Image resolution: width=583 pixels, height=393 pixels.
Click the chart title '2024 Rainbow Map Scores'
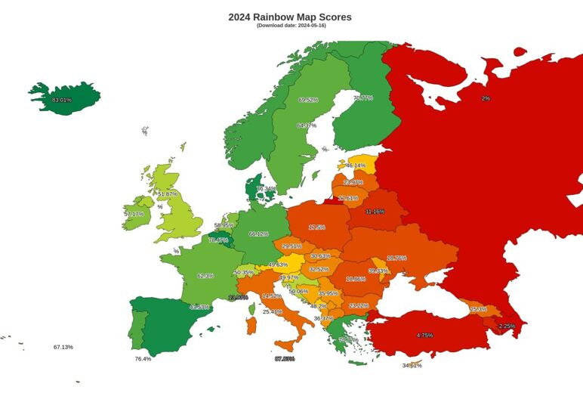[x=290, y=17]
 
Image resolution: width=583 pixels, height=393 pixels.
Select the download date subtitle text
[x=291, y=26]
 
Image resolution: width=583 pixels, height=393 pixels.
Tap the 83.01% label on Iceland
[x=62, y=100]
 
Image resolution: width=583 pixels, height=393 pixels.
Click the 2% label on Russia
[x=486, y=98]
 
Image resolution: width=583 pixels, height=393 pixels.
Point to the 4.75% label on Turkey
[x=424, y=335]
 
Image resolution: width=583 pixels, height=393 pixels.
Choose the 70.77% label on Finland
[x=362, y=97]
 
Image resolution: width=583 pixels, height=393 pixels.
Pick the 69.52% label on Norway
[x=308, y=100]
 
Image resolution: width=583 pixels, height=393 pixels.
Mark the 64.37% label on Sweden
[x=307, y=125]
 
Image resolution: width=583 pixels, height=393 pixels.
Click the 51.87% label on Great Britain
[x=168, y=194]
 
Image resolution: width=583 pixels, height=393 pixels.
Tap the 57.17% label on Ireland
[x=134, y=215]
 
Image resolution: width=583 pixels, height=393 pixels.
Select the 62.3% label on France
[x=205, y=277]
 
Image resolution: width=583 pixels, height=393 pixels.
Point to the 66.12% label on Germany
[x=258, y=234]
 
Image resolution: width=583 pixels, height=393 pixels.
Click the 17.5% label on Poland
[x=316, y=227]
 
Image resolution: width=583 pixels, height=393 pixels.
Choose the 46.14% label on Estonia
[x=356, y=166]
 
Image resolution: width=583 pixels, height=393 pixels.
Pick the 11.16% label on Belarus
[x=375, y=212]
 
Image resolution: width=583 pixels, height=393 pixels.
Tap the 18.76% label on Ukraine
[x=396, y=258]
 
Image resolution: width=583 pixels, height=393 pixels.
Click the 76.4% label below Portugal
[x=143, y=359]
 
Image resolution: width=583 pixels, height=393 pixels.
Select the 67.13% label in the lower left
[x=63, y=347]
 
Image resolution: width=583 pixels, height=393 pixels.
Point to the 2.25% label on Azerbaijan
[x=507, y=326]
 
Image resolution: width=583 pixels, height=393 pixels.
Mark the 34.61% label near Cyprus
[x=412, y=366]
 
